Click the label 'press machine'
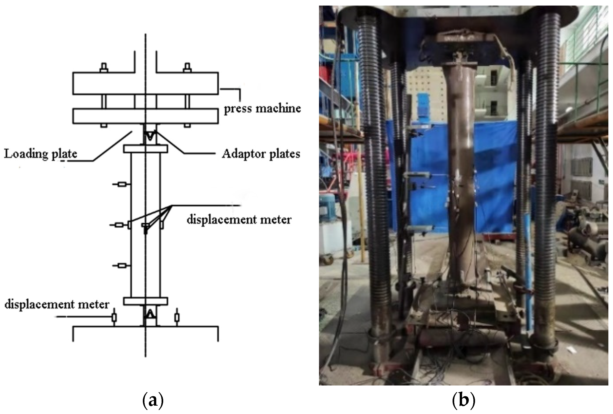click(x=262, y=108)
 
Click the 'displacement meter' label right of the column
click(x=239, y=220)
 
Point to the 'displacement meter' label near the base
click(x=57, y=304)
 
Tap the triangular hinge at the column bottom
click(x=150, y=314)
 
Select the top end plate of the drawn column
click(x=146, y=149)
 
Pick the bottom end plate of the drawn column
click(x=146, y=301)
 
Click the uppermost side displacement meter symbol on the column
click(x=122, y=184)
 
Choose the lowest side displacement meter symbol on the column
click(x=122, y=266)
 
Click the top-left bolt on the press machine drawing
click(x=104, y=68)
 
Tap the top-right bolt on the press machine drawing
click(x=187, y=68)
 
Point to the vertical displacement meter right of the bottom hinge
click(x=177, y=317)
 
